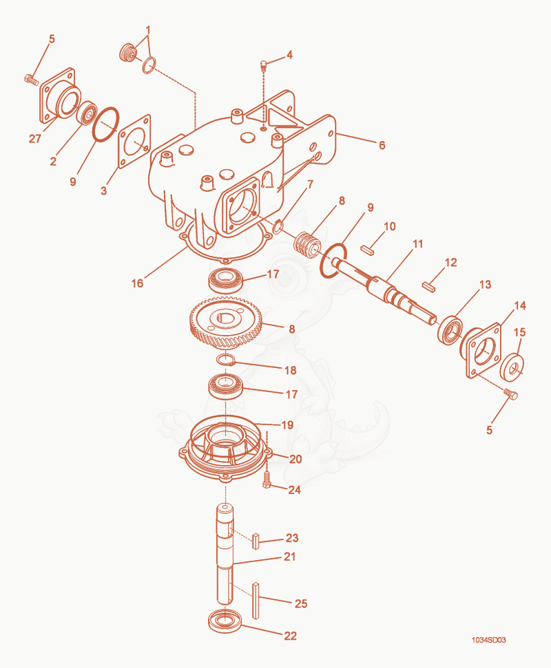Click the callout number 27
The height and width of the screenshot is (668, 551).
(35, 138)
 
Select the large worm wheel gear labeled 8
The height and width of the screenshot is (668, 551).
(225, 323)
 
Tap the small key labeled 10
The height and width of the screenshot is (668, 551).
(368, 250)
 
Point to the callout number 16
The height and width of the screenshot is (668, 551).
(137, 283)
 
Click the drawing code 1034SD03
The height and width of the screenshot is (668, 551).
(489, 640)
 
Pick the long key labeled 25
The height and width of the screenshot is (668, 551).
(256, 601)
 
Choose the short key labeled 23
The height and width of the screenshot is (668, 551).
(256, 541)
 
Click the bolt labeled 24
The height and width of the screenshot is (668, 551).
(267, 480)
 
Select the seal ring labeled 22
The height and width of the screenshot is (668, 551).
(225, 622)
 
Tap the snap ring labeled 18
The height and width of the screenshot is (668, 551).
(226, 360)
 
